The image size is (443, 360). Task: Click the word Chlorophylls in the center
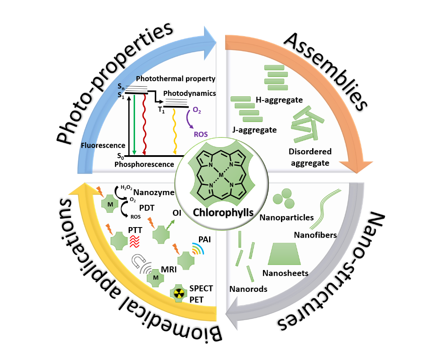click(223, 212)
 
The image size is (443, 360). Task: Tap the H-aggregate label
click(279, 100)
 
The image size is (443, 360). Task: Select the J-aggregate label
click(255, 130)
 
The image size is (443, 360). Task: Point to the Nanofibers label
click(316, 235)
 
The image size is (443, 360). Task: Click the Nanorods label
click(248, 289)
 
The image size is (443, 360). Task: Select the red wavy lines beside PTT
click(135, 241)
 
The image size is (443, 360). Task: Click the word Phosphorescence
click(144, 164)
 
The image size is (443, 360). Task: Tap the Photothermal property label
click(175, 79)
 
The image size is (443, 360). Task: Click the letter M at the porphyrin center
click(221, 174)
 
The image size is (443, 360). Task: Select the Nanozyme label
click(154, 193)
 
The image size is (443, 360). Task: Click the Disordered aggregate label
click(310, 157)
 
